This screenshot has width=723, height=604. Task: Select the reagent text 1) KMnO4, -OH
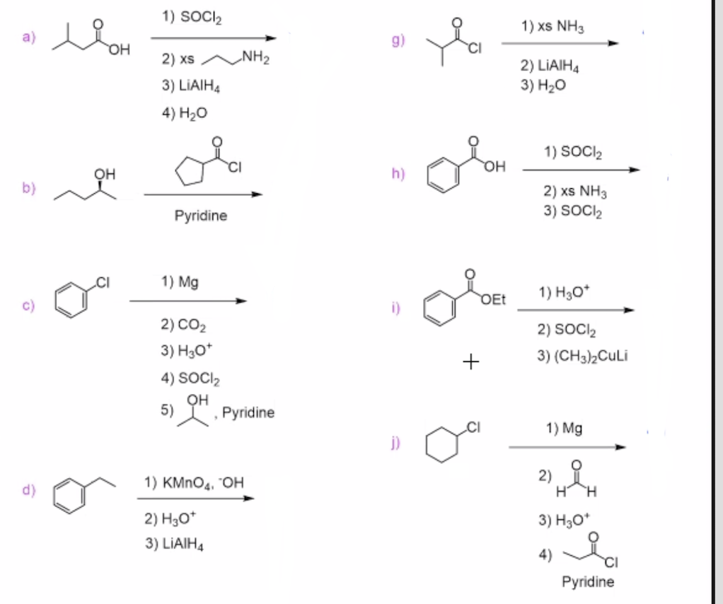pos(193,483)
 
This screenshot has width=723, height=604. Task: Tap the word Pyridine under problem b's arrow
pos(201,216)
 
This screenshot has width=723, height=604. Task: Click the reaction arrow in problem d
pos(195,499)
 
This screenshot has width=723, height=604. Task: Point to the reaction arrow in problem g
pos(560,44)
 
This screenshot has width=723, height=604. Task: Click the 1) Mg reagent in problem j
pos(564,429)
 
